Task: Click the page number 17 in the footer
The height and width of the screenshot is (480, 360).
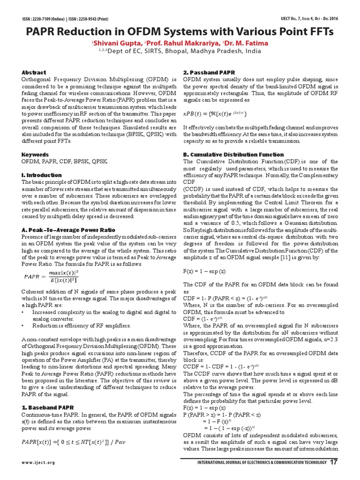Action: coord(333,463)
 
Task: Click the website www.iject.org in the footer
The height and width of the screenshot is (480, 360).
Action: coord(38,463)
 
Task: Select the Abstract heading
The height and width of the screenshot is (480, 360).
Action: coord(34,73)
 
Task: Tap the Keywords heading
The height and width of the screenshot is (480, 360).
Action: coord(35,154)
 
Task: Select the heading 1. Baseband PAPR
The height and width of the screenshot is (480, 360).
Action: coord(48,407)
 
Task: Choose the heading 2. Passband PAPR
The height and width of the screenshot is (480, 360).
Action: coord(209,73)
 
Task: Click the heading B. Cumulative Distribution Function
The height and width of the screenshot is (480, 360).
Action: coord(233,154)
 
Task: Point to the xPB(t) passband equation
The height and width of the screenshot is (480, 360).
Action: coord(214,114)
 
